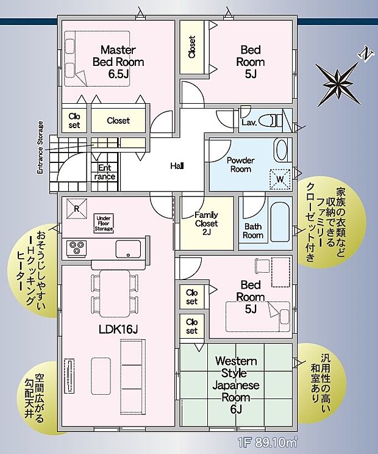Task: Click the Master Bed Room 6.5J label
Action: pyautogui.click(x=118, y=62)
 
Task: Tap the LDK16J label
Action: pyautogui.click(x=119, y=330)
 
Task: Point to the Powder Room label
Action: pyautogui.click(x=240, y=165)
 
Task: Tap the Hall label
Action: pyautogui.click(x=177, y=165)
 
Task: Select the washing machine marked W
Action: pyautogui.click(x=279, y=178)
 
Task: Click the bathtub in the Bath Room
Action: pyautogui.click(x=278, y=221)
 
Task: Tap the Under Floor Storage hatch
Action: pyautogui.click(x=104, y=223)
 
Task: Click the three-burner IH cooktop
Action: pyautogui.click(x=77, y=248)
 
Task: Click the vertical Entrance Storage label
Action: pyautogui.click(x=40, y=148)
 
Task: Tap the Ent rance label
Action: pyautogui.click(x=104, y=173)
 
